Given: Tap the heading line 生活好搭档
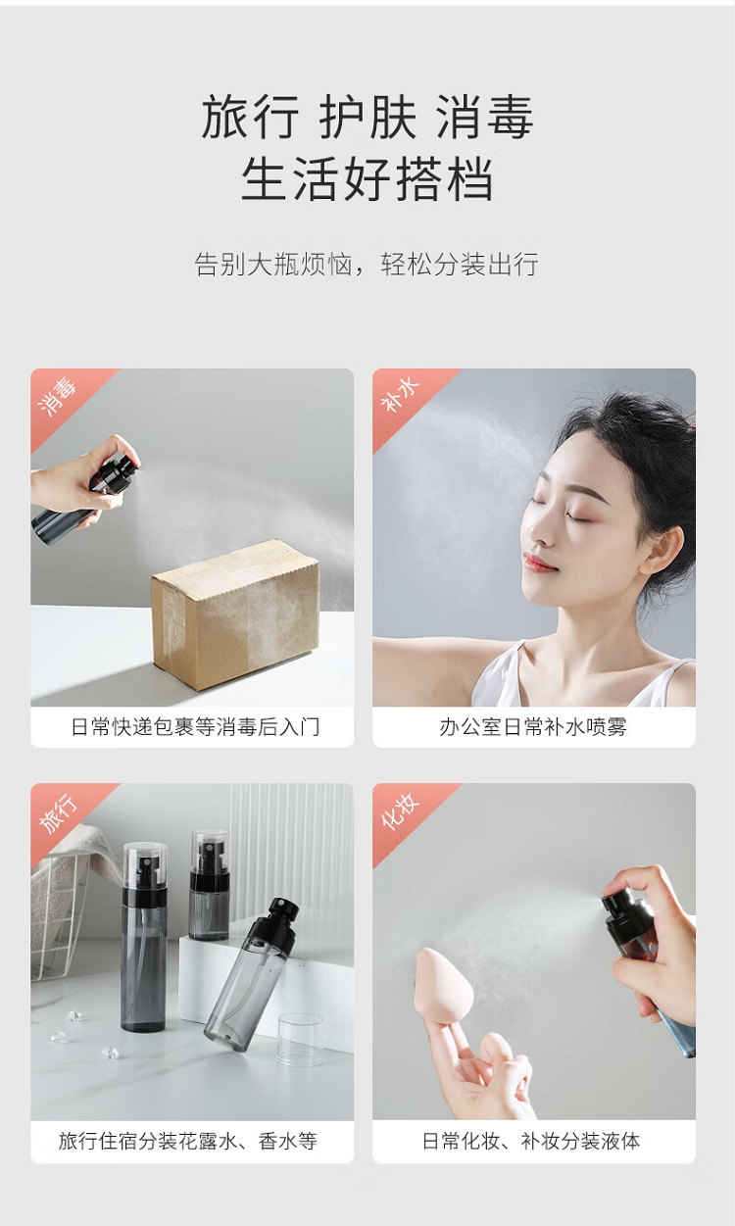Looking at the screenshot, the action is tap(367, 179).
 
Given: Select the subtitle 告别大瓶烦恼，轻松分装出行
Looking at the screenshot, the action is tap(367, 264).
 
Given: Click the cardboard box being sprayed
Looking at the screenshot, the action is tap(236, 614).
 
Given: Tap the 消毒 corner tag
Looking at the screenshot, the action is tap(58, 396).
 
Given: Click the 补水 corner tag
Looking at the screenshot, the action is tap(400, 396).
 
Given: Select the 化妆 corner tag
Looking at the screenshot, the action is tap(400, 810).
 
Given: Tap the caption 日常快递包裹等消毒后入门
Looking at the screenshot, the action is tap(195, 727).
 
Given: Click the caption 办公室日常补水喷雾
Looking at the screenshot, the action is tap(533, 727).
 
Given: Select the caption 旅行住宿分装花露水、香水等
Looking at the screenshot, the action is tap(188, 1141).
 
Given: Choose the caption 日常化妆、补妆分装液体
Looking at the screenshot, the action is tap(531, 1141).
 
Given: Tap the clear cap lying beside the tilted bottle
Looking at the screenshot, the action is tap(301, 1040).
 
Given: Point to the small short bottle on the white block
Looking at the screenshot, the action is tap(209, 886).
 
